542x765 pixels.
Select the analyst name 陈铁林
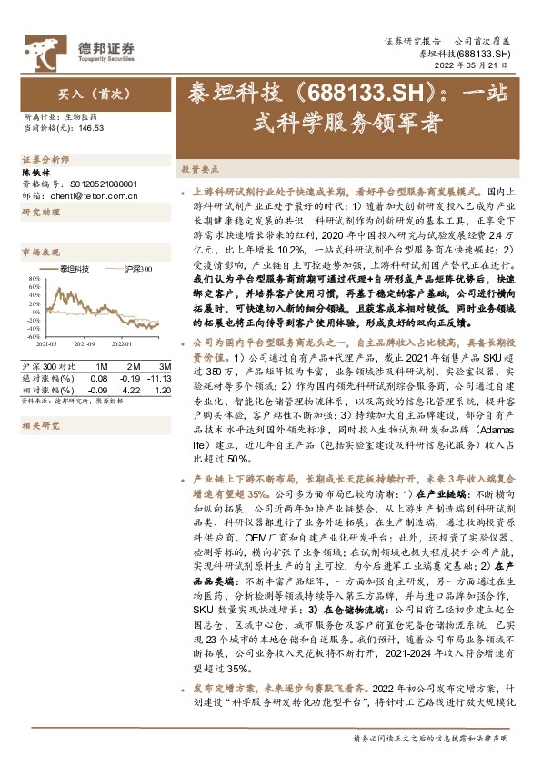(x=34, y=170)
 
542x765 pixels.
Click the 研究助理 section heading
(x=38, y=212)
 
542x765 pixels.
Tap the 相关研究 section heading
(x=38, y=424)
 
